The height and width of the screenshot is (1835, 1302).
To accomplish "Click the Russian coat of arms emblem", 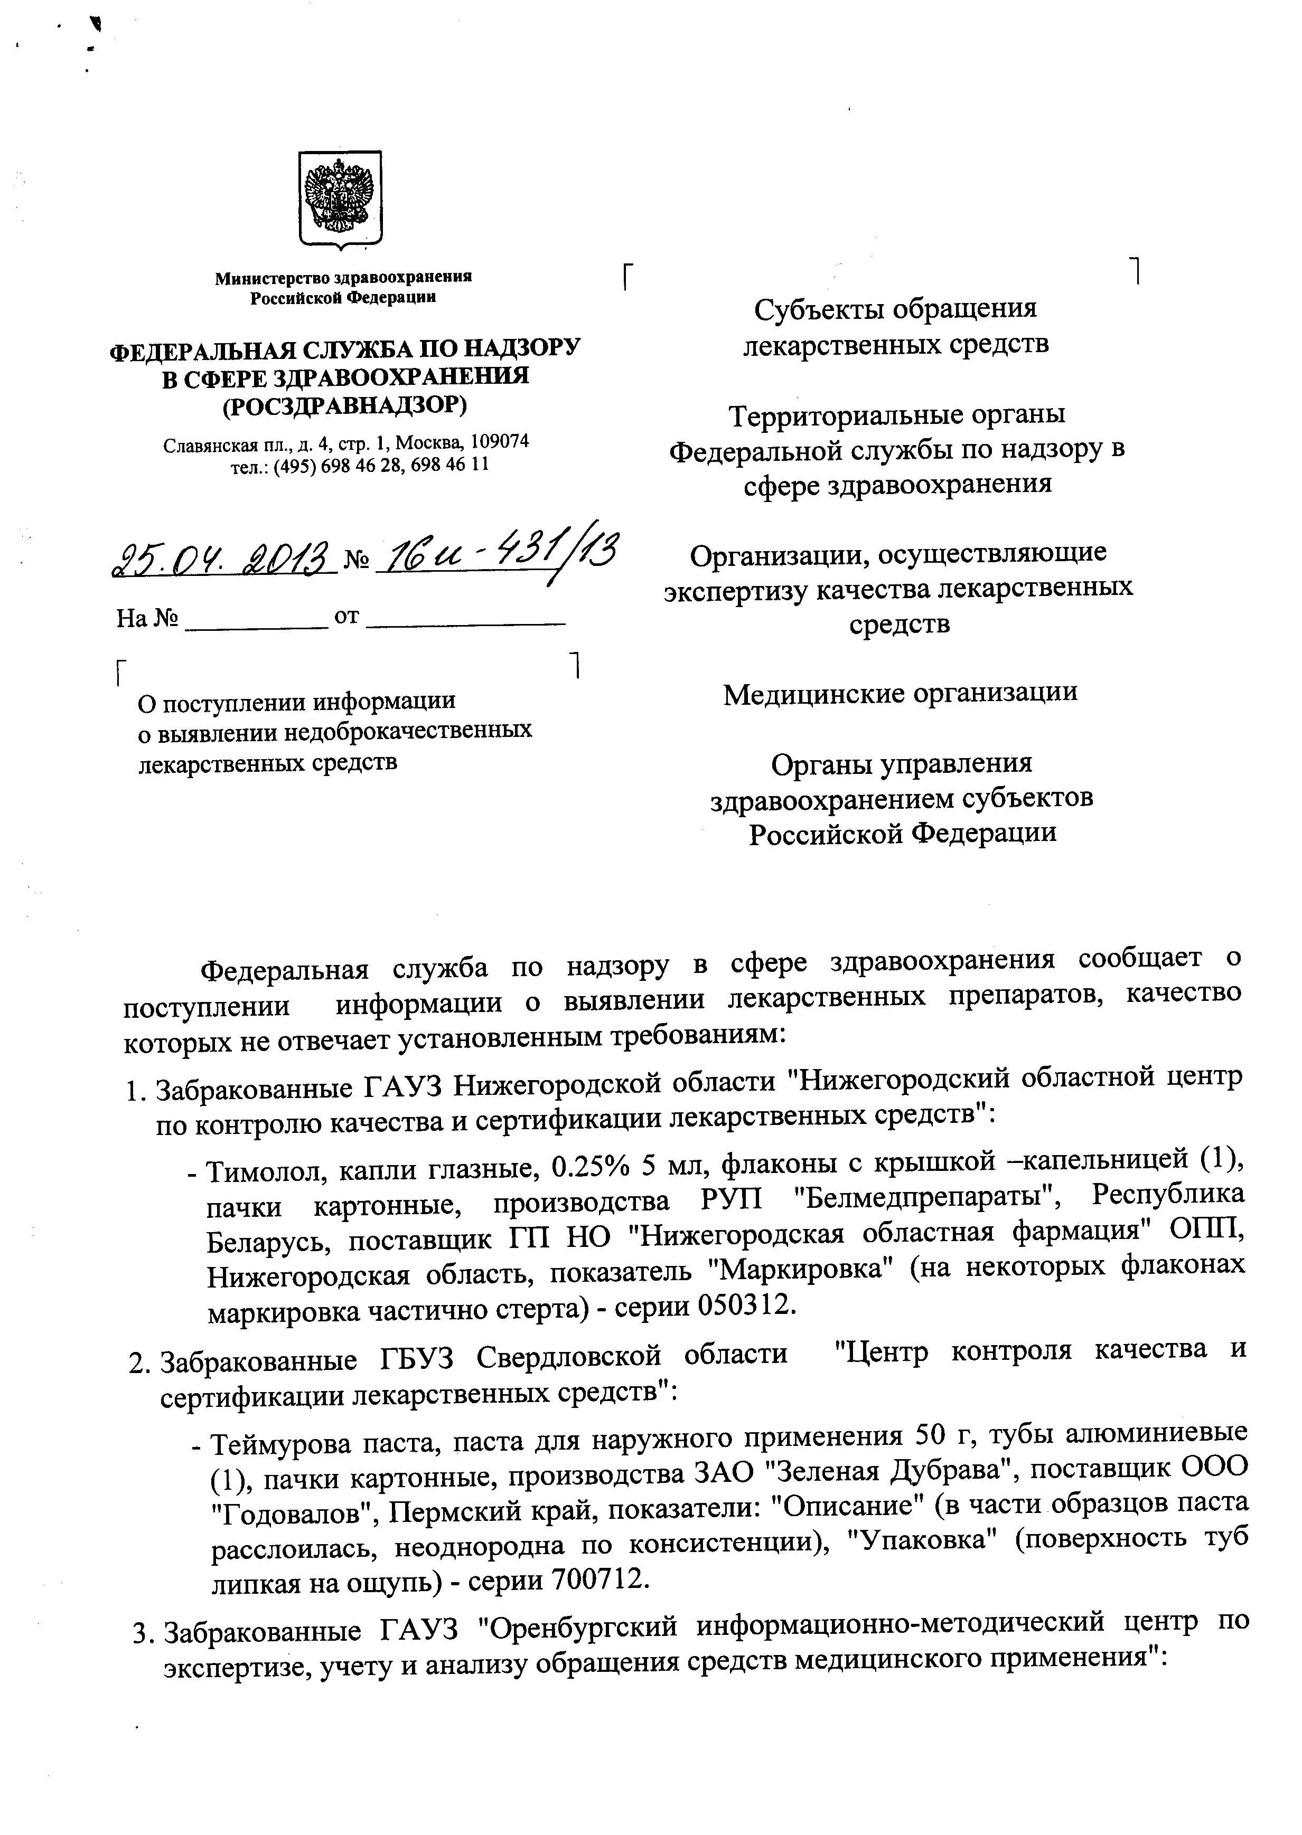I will [340, 198].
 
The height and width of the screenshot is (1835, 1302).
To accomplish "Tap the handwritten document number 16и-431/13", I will [499, 552].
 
